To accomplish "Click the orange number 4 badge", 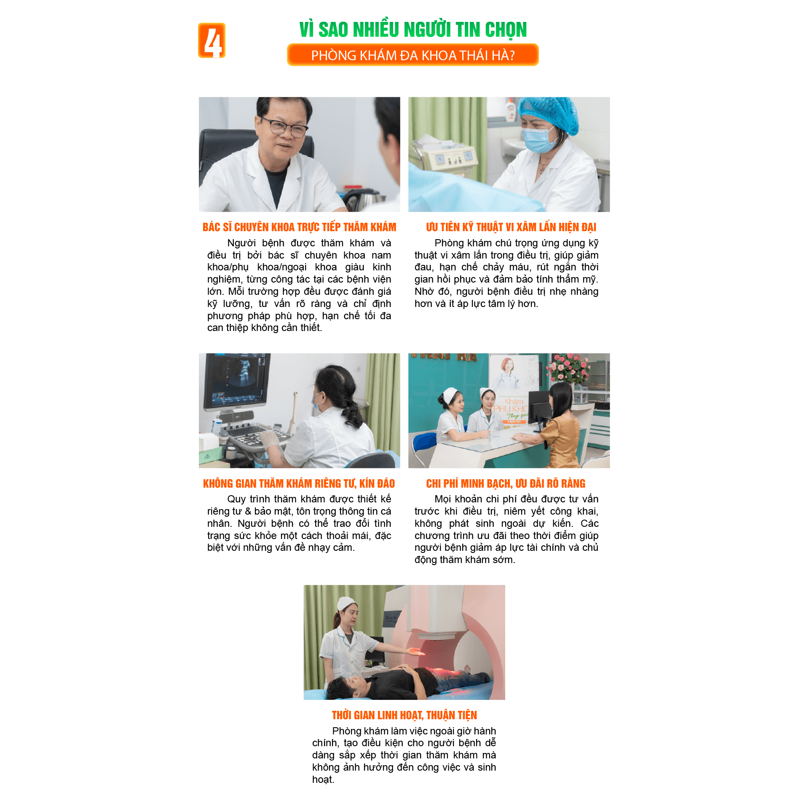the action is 212,40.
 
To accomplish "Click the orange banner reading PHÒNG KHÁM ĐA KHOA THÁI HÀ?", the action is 413,55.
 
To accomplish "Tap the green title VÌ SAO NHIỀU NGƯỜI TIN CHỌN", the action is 413,29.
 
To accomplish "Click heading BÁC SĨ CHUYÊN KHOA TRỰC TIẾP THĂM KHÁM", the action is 299,227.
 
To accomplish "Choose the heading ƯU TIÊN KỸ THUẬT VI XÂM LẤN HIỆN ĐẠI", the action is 511,227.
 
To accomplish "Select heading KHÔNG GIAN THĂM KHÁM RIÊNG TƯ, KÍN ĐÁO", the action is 299,483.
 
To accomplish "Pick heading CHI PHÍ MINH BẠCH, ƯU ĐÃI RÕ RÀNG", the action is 506,483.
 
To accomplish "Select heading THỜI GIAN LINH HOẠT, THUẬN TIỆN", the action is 404,715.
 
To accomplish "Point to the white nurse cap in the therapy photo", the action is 346,603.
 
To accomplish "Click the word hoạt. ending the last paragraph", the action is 323,779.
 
